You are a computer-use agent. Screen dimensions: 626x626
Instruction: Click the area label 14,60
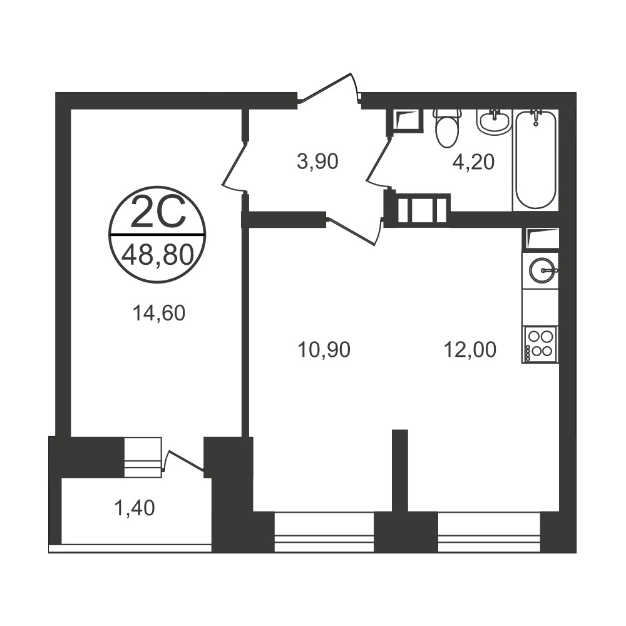pos(159,314)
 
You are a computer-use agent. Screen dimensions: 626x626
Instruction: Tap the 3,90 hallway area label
pos(318,162)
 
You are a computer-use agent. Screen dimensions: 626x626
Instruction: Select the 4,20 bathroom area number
pos(473,162)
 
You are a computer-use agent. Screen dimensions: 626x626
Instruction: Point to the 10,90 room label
pos(324,349)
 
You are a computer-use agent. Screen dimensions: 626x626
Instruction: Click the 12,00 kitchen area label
pos(470,349)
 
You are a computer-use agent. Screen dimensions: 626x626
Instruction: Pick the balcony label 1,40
pos(135,508)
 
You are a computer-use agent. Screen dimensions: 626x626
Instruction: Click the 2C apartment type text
pos(158,212)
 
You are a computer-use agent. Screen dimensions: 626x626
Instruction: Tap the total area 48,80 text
pos(158,255)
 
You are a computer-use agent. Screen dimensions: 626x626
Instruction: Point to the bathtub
pos(535,159)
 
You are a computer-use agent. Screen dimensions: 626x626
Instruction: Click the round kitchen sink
pos(541,270)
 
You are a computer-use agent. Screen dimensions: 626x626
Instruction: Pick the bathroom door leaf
pos(378,160)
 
